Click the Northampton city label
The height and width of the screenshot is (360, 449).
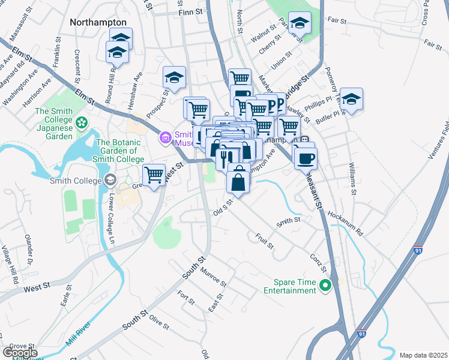pyautogui.click(x=98, y=22)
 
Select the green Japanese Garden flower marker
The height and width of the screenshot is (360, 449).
pyautogui.click(x=82, y=122)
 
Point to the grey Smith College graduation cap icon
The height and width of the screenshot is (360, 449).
pyautogui.click(x=110, y=179)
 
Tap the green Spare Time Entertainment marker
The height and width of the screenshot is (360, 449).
pyautogui.click(x=325, y=286)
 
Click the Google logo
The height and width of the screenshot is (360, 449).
pyautogui.click(x=20, y=353)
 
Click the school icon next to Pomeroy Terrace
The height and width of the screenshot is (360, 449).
pyautogui.click(x=352, y=98)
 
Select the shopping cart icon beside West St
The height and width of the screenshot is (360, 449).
pyautogui.click(x=154, y=175)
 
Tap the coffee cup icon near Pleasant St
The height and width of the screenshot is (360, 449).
pyautogui.click(x=306, y=158)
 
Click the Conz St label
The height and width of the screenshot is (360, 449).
pyautogui.click(x=318, y=262)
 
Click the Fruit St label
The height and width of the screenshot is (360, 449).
pyautogui.click(x=264, y=242)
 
